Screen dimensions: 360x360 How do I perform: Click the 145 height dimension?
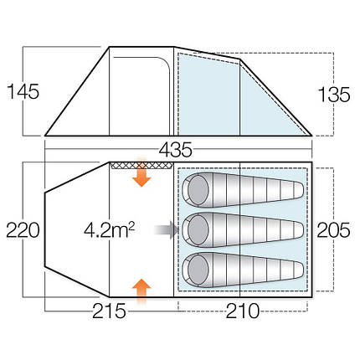point(19,90)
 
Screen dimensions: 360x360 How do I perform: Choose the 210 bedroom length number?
point(243,311)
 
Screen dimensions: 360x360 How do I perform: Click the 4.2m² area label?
point(110,228)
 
